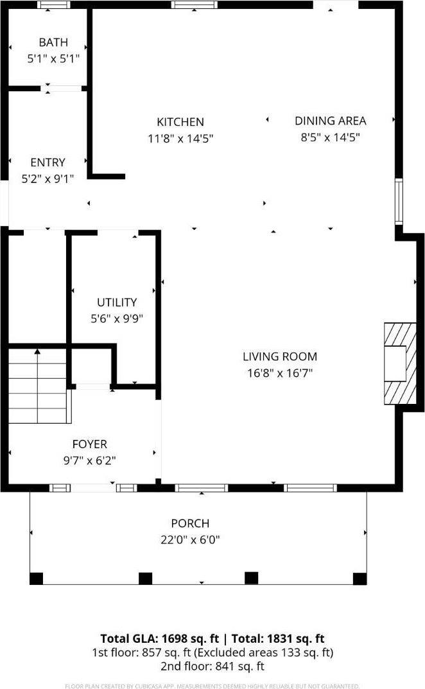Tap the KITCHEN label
(x=180, y=122)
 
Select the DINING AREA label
(x=330, y=121)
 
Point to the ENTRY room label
(x=48, y=163)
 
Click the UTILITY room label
(x=116, y=302)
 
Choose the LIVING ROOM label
(x=279, y=357)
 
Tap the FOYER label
(x=89, y=444)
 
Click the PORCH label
(x=190, y=524)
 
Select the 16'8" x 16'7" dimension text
(x=279, y=372)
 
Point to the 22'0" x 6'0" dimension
(x=190, y=540)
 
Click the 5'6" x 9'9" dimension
(x=116, y=318)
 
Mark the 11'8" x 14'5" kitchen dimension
(x=180, y=137)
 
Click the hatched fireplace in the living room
(x=395, y=363)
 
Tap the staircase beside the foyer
(x=38, y=385)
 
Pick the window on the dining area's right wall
(x=399, y=202)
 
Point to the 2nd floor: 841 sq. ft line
(x=212, y=667)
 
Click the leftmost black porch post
(x=37, y=579)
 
